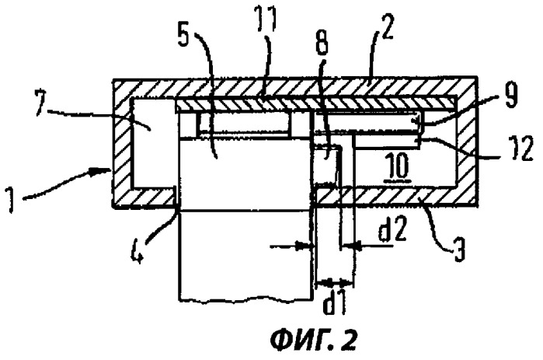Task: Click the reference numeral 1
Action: click(x=12, y=201)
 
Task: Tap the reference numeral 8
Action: click(x=322, y=42)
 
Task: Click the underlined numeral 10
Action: click(x=399, y=167)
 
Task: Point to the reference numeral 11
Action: click(x=269, y=19)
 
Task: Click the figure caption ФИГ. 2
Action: click(x=313, y=340)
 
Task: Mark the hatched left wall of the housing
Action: click(x=121, y=143)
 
